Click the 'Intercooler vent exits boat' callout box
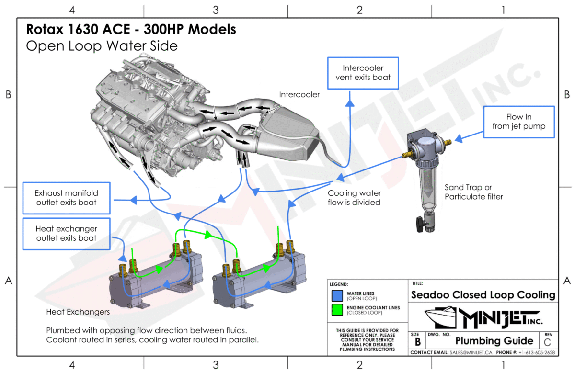tap(363, 73)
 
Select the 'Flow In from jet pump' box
tap(518, 122)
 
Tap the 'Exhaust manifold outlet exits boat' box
tap(66, 198)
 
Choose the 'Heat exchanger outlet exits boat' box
tap(66, 234)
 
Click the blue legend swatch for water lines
tap(337, 294)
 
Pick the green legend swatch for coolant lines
tap(337, 310)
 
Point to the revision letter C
tap(548, 342)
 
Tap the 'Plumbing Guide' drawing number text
tap(494, 341)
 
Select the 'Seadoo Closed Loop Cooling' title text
tap(483, 294)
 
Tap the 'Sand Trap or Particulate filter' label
tap(473, 192)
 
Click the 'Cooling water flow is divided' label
tap(354, 198)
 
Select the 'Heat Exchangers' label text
tap(78, 312)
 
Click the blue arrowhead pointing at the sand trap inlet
tap(458, 139)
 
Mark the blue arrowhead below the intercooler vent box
tap(351, 103)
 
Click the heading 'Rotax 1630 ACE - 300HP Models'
tap(130, 30)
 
